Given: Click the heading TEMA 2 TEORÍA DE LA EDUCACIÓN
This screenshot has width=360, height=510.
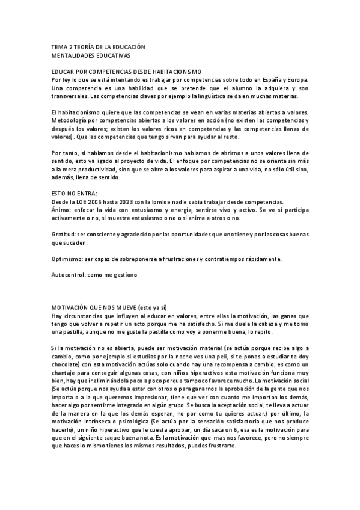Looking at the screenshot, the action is point(98,47).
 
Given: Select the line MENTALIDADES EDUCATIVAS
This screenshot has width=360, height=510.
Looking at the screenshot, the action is point(91,55).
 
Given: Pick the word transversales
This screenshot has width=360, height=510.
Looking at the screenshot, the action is point(70,96).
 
